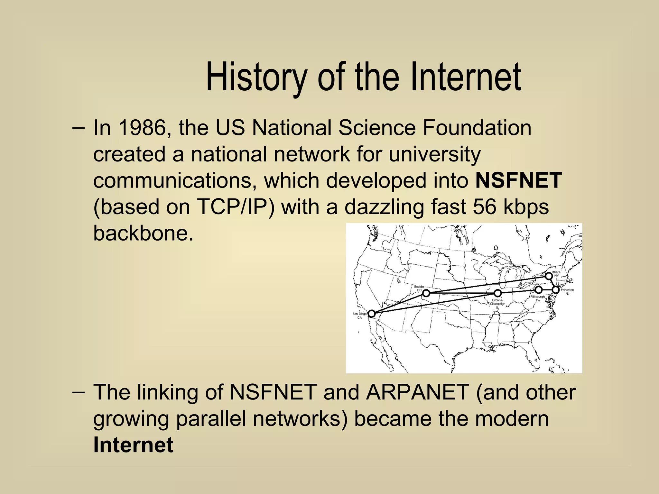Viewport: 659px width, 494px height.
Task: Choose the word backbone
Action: coord(143,233)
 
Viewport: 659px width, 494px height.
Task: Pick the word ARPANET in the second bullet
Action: coord(417,392)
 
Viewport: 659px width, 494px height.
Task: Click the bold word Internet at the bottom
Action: coord(133,445)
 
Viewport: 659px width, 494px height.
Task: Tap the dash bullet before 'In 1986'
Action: coord(79,128)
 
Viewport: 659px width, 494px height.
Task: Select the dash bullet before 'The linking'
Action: coord(79,392)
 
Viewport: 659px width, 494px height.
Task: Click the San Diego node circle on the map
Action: coord(372,314)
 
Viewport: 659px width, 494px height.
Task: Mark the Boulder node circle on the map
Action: coord(426,293)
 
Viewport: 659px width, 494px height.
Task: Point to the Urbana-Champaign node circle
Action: coord(497,293)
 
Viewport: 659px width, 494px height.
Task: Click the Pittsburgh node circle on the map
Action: coord(538,290)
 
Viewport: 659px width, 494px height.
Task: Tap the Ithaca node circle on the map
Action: coord(549,276)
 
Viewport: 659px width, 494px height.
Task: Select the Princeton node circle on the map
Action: coord(556,290)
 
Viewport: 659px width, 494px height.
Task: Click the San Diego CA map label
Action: coord(359,316)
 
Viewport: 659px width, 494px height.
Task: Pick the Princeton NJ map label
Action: coord(567,292)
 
